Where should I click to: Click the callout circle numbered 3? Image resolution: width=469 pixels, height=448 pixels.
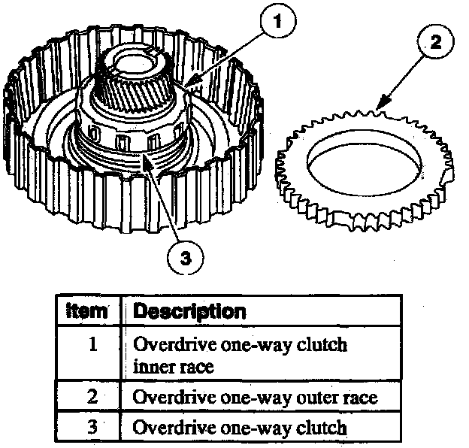pyautogui.click(x=183, y=257)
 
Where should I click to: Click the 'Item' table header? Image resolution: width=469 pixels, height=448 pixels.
pyautogui.click(x=87, y=310)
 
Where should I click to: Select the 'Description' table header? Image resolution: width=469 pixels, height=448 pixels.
pyautogui.click(x=189, y=310)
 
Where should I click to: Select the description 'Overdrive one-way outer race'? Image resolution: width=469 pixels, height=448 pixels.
pyautogui.click(x=255, y=397)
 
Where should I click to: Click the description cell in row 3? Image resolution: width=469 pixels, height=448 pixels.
pyautogui.click(x=239, y=427)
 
